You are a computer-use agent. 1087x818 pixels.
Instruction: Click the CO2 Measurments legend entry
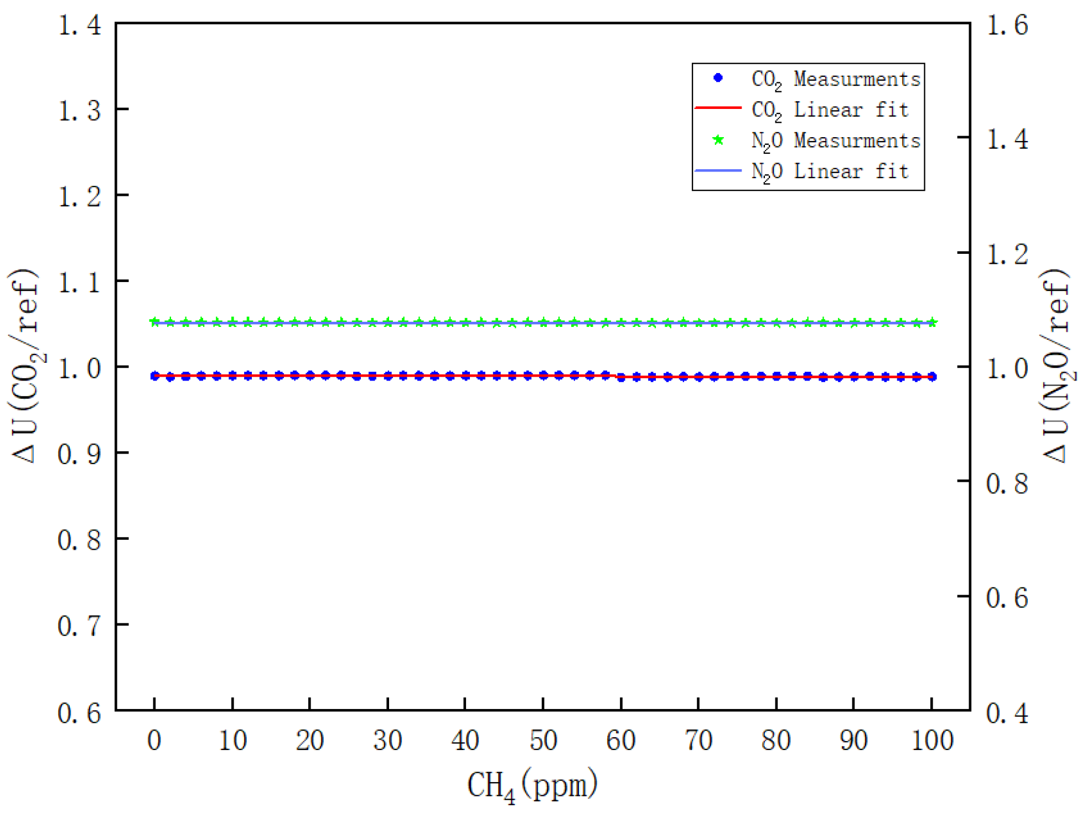835,79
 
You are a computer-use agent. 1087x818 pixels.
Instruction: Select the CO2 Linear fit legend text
830,110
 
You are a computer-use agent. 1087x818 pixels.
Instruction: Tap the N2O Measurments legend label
835,140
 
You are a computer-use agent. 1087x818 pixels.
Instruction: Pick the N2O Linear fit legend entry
830,171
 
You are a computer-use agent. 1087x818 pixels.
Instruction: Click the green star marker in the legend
718,140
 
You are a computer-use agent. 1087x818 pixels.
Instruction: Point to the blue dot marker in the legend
718,78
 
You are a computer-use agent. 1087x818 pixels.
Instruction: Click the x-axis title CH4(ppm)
532,785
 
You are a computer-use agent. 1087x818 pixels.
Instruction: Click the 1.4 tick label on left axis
80,25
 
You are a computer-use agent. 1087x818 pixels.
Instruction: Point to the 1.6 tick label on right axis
1007,25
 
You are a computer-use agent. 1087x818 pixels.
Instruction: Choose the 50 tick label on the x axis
543,740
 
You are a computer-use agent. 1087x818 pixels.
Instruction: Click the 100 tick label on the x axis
933,740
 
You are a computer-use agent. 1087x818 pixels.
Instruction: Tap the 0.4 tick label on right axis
1007,713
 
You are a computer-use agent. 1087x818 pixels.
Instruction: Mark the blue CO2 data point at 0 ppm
155,376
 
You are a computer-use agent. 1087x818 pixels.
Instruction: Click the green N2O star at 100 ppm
932,322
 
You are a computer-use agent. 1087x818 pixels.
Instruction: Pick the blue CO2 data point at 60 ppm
621,378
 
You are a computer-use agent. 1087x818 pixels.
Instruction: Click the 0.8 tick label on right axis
1007,483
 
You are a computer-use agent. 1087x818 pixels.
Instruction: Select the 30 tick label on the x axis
387,740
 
